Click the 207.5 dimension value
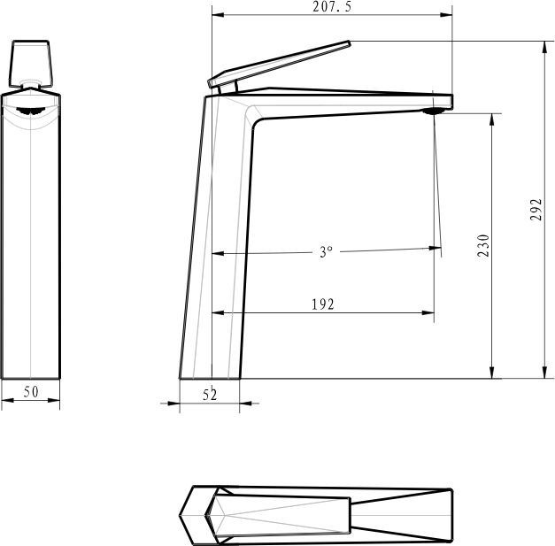[x=332, y=7]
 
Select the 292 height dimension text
[x=536, y=210]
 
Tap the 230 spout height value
[x=483, y=245]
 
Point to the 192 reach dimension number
[x=323, y=304]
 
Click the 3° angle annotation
[x=326, y=251]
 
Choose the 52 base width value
[x=210, y=395]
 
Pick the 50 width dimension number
[x=31, y=392]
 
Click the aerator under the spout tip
[x=434, y=112]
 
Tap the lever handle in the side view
[x=279, y=64]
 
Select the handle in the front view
[x=31, y=64]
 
